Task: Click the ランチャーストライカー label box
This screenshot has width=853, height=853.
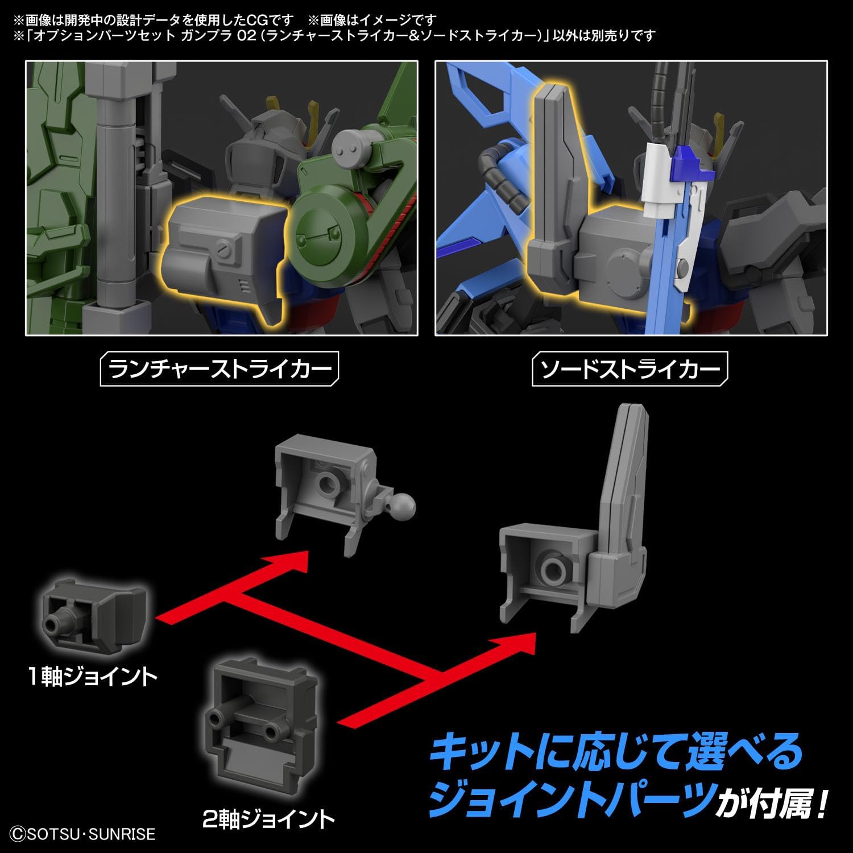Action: click(x=219, y=370)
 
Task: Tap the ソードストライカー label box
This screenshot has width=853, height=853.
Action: click(x=630, y=370)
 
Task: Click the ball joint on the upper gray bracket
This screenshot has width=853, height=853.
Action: click(x=403, y=504)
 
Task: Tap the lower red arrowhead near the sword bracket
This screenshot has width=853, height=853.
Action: click(x=515, y=645)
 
